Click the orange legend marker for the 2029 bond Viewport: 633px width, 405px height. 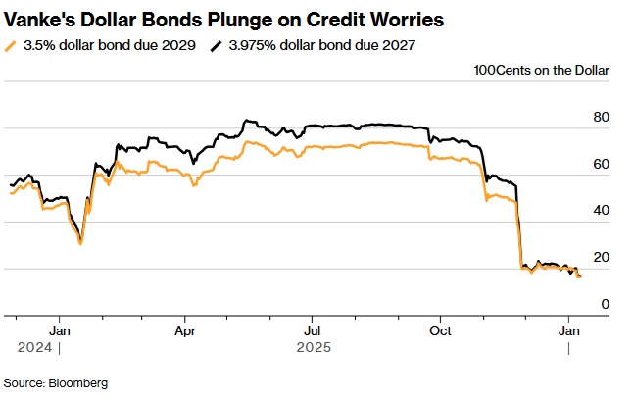(11, 45)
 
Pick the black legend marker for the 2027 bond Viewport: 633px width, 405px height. (218, 45)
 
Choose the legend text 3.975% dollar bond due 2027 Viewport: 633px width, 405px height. (318, 45)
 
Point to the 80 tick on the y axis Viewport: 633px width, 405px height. (602, 118)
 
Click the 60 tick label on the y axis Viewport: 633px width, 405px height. (602, 165)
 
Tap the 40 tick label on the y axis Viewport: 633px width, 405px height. (602, 211)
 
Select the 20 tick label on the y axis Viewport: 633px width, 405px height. (602, 258)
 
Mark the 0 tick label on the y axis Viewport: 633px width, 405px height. (606, 305)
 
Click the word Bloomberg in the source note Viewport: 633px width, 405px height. (78, 382)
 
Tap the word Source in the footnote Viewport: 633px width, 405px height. (24, 382)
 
